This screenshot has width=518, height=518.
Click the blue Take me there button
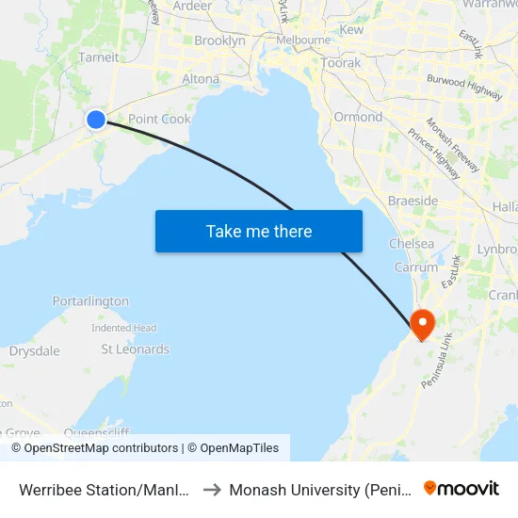coord(259,231)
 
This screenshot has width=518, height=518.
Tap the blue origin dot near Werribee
coord(96,120)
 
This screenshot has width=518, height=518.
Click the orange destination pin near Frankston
coord(422,324)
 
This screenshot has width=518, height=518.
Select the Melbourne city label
coord(303,40)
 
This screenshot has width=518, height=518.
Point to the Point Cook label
coord(159,119)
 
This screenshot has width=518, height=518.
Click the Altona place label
coord(200,79)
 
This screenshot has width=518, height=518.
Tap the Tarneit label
coord(99,57)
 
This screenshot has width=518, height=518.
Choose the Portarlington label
coord(90,301)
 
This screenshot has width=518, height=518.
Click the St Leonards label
coord(135,349)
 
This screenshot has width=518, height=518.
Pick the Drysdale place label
coord(34,351)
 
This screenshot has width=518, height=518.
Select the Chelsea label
coord(412,244)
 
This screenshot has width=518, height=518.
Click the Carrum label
coord(415,267)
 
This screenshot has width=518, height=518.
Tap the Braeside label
coord(413,202)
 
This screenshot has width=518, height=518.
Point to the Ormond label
coord(358,118)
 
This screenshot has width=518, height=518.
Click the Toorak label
coord(340,63)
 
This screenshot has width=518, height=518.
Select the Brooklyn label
coord(219,40)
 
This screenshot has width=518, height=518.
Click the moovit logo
coord(461,489)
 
